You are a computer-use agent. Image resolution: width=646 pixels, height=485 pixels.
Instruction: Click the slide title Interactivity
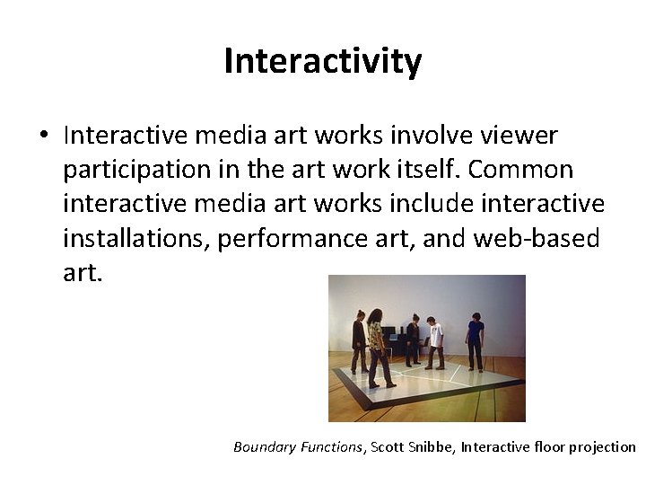tap(322, 62)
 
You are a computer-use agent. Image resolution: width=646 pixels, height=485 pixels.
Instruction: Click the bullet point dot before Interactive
tap(43, 137)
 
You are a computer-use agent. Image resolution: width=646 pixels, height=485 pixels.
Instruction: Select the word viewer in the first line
tap(519, 136)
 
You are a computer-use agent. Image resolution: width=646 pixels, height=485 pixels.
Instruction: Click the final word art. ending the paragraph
tap(83, 272)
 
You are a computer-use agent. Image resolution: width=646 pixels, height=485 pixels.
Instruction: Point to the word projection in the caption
tap(602, 447)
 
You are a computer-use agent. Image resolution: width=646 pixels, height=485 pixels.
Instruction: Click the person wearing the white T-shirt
tap(434, 341)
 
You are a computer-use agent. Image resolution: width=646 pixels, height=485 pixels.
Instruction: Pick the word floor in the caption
tap(548, 447)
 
